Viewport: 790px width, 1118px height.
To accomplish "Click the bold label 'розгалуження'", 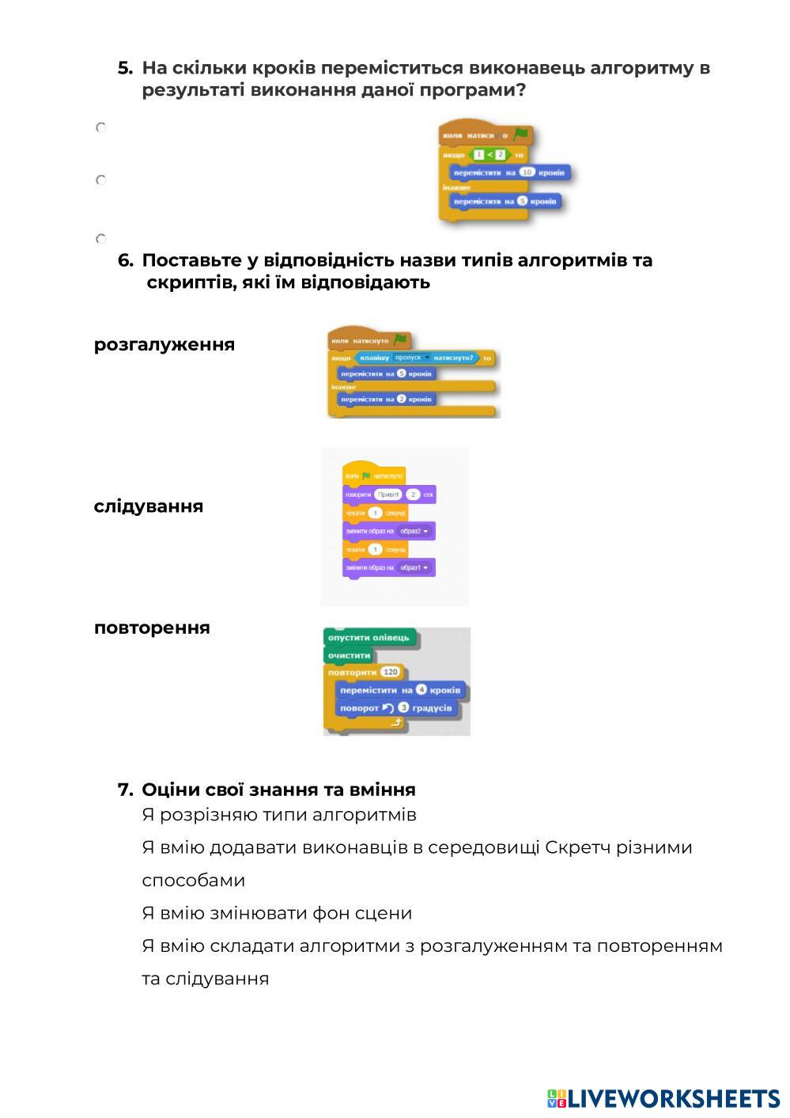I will coord(164,345).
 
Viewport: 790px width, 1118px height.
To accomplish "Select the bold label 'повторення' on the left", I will coord(152,628).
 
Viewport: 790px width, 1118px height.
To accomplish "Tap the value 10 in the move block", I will coord(527,172).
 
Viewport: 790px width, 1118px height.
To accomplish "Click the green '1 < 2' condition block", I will coord(489,154).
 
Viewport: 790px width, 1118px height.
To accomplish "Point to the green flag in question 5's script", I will coord(520,135).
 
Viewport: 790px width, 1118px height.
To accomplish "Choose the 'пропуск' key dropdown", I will coord(412,358).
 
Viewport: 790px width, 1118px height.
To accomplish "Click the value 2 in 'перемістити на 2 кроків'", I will coord(401,399).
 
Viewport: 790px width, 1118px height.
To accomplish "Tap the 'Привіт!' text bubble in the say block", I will coord(388,495).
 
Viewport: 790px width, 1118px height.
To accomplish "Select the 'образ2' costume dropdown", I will coord(415,531).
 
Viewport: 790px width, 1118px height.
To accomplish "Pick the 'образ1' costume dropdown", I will coord(415,567).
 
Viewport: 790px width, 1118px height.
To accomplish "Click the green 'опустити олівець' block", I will coord(369,638).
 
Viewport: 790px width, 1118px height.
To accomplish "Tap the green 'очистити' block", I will coord(350,655).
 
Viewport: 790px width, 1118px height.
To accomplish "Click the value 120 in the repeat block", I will coord(391,672).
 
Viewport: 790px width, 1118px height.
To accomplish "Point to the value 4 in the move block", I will coord(421,690).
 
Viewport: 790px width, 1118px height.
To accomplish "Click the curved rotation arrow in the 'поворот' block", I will coord(387,707).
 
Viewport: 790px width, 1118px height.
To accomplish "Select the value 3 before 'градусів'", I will coord(404,707).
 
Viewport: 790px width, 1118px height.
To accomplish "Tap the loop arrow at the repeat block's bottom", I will coord(396,723).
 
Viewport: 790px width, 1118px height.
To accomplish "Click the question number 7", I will coord(125,790).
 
